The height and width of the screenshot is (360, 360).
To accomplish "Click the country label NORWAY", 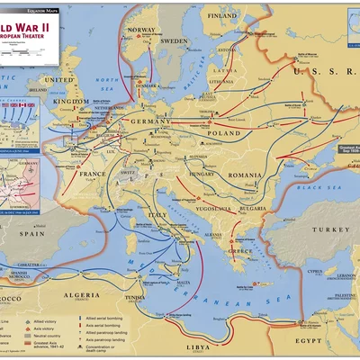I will pos(141,30).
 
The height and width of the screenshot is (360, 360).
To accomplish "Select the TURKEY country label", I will pos(318,230).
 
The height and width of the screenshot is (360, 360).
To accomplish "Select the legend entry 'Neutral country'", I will pos(49,335).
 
